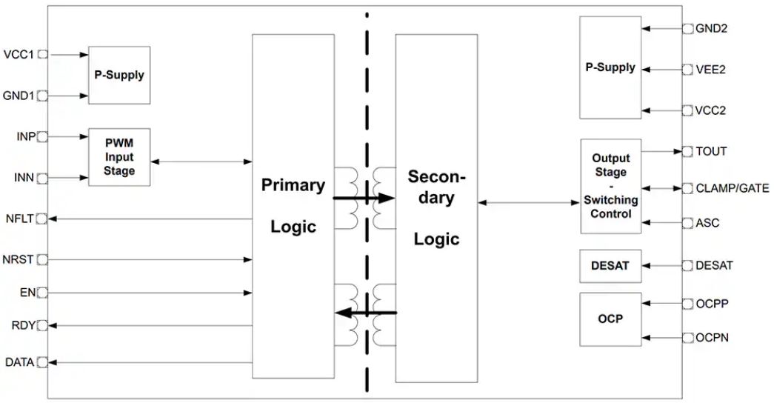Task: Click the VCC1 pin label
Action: coord(19,54)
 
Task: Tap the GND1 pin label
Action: coord(19,96)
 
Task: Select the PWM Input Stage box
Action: coord(119,157)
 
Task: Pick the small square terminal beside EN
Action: coord(43,293)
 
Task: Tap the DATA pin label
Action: coord(19,362)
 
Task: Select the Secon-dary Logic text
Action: coord(436,207)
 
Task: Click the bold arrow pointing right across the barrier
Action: coord(364,199)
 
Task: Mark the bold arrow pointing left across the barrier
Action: coord(366,313)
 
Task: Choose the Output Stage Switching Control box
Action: coord(610,186)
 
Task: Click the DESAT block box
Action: coord(610,265)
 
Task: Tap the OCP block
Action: coord(610,319)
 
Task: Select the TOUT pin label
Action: coord(711,151)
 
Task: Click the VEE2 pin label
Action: coord(710,70)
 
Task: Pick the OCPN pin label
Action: coord(712,338)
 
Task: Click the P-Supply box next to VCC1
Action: coord(119,75)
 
